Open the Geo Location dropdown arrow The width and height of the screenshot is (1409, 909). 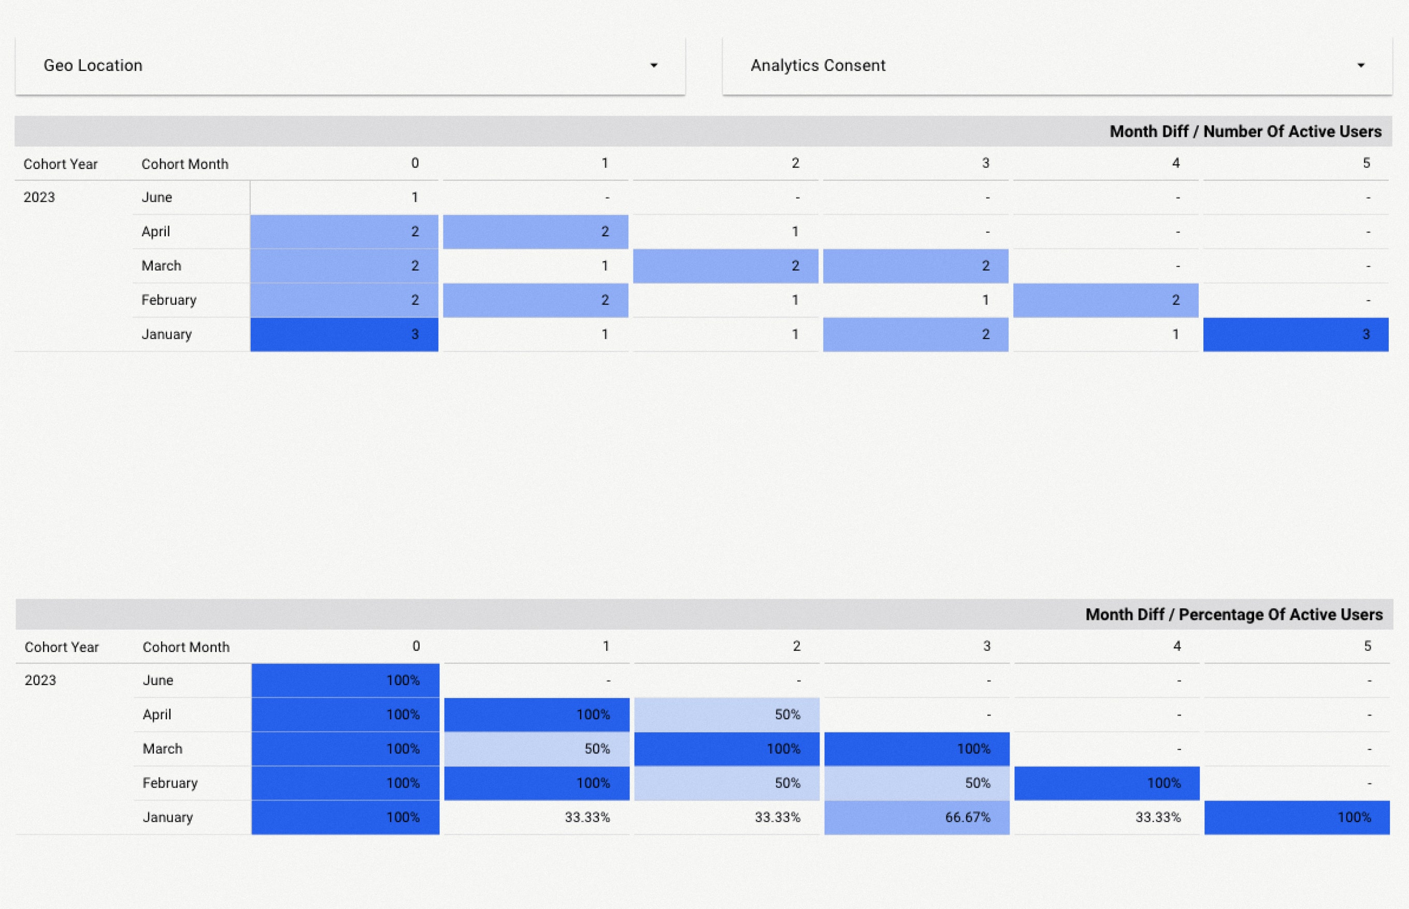pos(653,65)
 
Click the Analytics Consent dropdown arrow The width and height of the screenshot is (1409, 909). pos(1361,65)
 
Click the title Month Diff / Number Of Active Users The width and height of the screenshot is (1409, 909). pos(1245,131)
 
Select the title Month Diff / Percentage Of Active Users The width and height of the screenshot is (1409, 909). pos(1233,615)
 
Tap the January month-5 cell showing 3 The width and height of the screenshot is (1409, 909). pos(1296,335)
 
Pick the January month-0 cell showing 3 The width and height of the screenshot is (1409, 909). pos(344,335)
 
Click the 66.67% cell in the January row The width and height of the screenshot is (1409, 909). pos(916,817)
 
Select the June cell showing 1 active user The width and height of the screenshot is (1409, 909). pos(344,197)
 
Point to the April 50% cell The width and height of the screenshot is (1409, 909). pos(726,715)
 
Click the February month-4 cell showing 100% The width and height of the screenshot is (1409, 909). pos(1106,783)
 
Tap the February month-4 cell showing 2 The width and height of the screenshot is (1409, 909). pos(1105,301)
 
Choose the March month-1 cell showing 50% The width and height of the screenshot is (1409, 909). pos(536,749)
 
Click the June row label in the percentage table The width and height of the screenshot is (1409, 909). pos(158,680)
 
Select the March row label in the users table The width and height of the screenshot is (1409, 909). pos(161,266)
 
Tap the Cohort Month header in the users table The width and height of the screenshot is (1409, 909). pos(185,164)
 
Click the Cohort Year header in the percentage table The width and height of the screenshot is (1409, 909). pos(61,647)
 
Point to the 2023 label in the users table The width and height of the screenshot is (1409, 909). pos(39,197)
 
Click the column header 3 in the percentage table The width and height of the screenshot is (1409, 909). pos(986,646)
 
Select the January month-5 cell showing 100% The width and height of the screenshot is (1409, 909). pos(1297,817)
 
